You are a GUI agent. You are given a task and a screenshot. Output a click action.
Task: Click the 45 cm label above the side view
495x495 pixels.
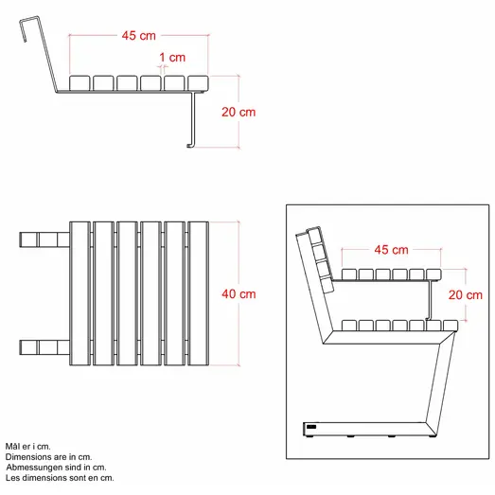tap(138, 36)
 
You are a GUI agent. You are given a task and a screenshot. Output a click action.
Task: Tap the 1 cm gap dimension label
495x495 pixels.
tap(172, 58)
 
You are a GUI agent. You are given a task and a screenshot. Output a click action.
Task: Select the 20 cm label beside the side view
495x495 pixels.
tap(239, 112)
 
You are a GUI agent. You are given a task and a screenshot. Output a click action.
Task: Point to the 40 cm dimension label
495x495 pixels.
tap(239, 294)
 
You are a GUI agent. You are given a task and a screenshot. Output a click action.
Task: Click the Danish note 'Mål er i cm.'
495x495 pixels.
tap(27, 446)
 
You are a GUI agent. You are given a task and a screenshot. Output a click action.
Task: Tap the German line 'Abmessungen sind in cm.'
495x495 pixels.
tap(56, 468)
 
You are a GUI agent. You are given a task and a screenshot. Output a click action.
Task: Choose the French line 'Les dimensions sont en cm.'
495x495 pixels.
tap(61, 478)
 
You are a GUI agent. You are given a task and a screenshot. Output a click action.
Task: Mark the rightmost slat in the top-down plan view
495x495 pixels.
tap(199, 294)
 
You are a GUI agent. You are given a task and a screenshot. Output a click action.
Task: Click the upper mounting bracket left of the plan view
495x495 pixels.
tap(40, 237)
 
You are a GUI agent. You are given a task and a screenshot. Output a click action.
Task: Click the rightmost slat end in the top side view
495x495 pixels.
tap(198, 83)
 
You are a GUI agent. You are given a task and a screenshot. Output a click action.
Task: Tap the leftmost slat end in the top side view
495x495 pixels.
tap(80, 83)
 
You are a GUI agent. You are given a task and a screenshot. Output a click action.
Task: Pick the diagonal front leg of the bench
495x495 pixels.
tap(438, 379)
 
